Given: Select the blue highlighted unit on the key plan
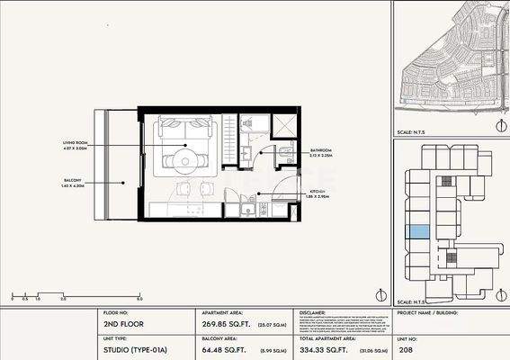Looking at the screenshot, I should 419,232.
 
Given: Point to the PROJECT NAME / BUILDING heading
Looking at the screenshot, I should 431,316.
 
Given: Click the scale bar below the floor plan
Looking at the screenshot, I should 76,294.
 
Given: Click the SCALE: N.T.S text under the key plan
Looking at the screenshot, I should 412,301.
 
